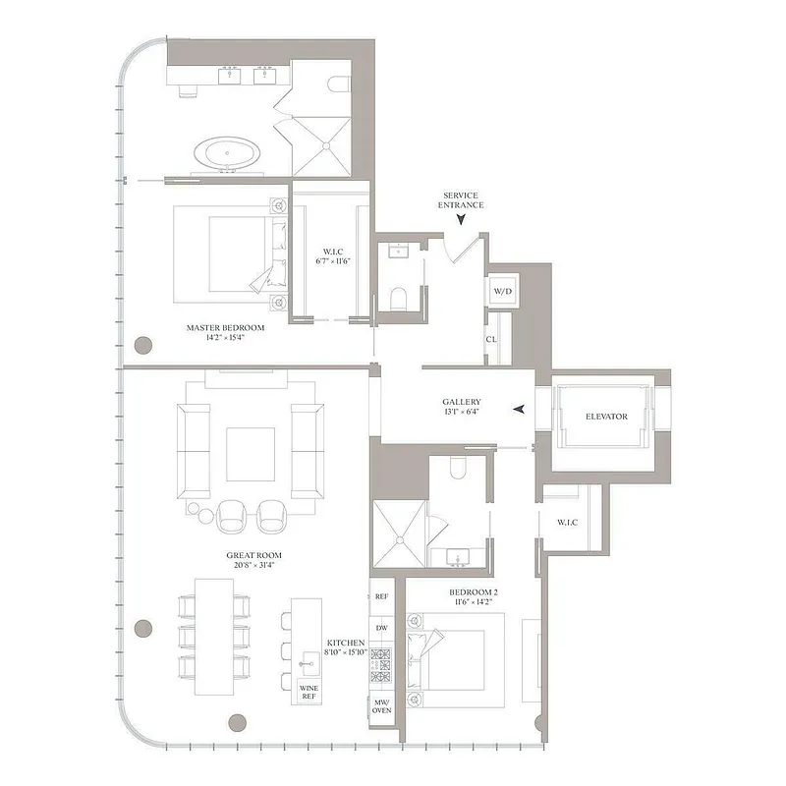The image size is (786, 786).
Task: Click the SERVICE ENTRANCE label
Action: point(461,199)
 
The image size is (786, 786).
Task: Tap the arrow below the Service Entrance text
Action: point(461,221)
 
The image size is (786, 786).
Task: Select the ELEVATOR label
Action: point(606,417)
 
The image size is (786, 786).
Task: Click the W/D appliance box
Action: point(502,292)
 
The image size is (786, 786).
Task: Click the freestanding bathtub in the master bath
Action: point(228,154)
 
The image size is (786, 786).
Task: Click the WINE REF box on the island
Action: point(309,692)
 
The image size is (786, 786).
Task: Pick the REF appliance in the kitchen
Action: point(381,595)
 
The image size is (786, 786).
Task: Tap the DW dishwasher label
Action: point(381,628)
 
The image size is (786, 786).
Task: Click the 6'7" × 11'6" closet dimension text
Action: point(333,261)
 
